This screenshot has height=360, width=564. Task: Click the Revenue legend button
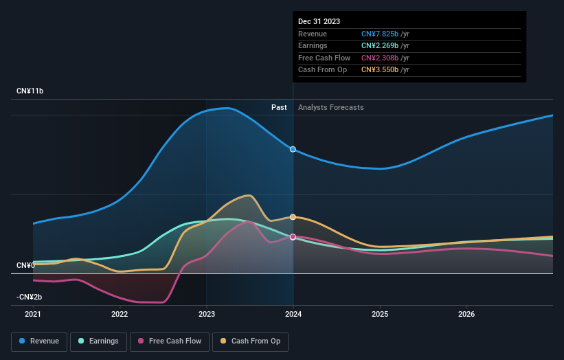[39, 341]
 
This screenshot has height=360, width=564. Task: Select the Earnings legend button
[98, 341]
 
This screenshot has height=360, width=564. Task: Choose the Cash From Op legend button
[250, 341]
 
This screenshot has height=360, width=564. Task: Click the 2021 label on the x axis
[33, 315]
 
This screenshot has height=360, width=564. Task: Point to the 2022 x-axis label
[120, 315]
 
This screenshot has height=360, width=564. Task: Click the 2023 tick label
[206, 315]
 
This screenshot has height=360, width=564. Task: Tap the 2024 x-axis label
[293, 315]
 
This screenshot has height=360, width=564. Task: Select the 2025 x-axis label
[380, 315]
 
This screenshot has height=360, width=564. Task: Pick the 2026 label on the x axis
[466, 315]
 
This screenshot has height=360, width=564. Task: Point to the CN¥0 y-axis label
[26, 265]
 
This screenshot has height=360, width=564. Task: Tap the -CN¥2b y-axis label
[30, 297]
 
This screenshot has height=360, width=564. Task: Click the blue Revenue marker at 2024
[293, 149]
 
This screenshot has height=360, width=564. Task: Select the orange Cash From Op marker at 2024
[293, 217]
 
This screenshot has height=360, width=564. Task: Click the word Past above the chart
[279, 107]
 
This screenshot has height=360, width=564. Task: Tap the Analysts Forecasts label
[330, 107]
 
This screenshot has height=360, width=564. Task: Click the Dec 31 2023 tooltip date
[319, 22]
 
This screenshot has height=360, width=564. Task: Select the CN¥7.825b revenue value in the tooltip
[385, 34]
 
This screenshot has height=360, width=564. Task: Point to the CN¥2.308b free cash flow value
[385, 58]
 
